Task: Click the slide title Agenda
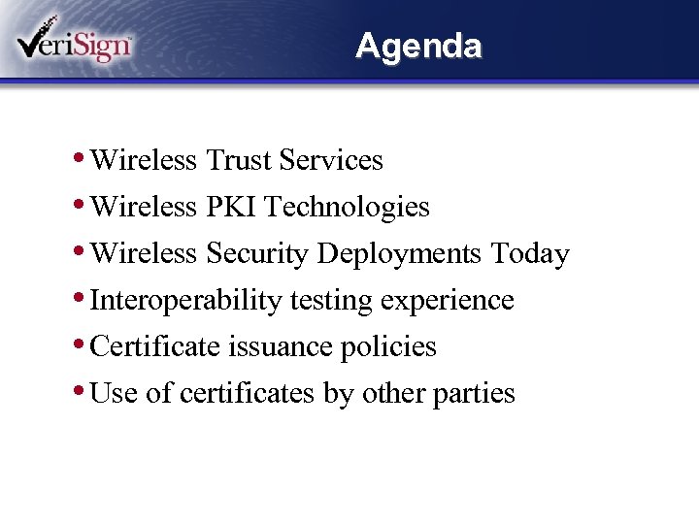[x=418, y=46]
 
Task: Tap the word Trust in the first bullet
[x=238, y=160]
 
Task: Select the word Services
[x=331, y=160]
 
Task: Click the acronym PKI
[x=230, y=207]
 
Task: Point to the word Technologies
[x=347, y=207]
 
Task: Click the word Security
[x=257, y=253]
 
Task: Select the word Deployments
[x=399, y=254]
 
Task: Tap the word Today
[x=529, y=253]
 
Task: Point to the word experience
[x=447, y=301]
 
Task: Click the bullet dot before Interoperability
[x=78, y=297]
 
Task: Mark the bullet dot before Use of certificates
[x=78, y=390]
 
